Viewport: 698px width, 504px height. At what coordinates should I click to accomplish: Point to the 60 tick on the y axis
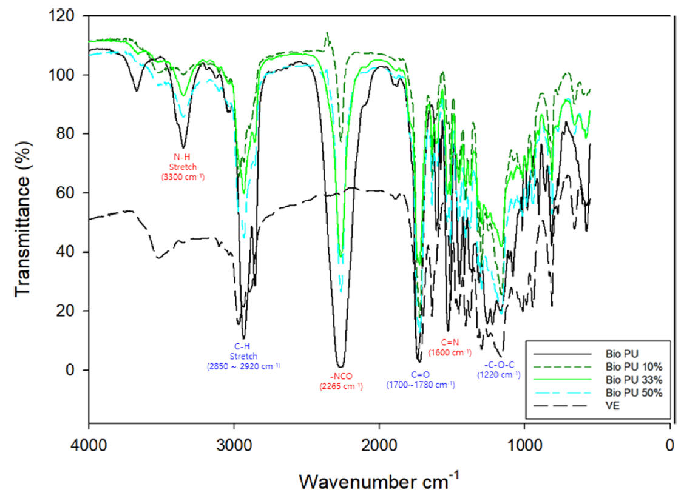(72, 193)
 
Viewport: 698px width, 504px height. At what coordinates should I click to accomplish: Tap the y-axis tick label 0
(76, 370)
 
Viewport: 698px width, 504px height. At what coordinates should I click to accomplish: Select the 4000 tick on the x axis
(89, 445)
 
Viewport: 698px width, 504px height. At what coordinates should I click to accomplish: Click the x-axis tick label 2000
(379, 445)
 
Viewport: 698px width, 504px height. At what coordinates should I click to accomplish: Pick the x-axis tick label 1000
(524, 445)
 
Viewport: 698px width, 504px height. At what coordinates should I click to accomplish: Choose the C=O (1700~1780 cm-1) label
(420, 380)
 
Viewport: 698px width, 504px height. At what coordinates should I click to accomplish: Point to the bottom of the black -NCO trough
(341, 366)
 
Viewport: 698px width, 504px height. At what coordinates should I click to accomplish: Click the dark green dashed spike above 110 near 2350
(328, 34)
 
